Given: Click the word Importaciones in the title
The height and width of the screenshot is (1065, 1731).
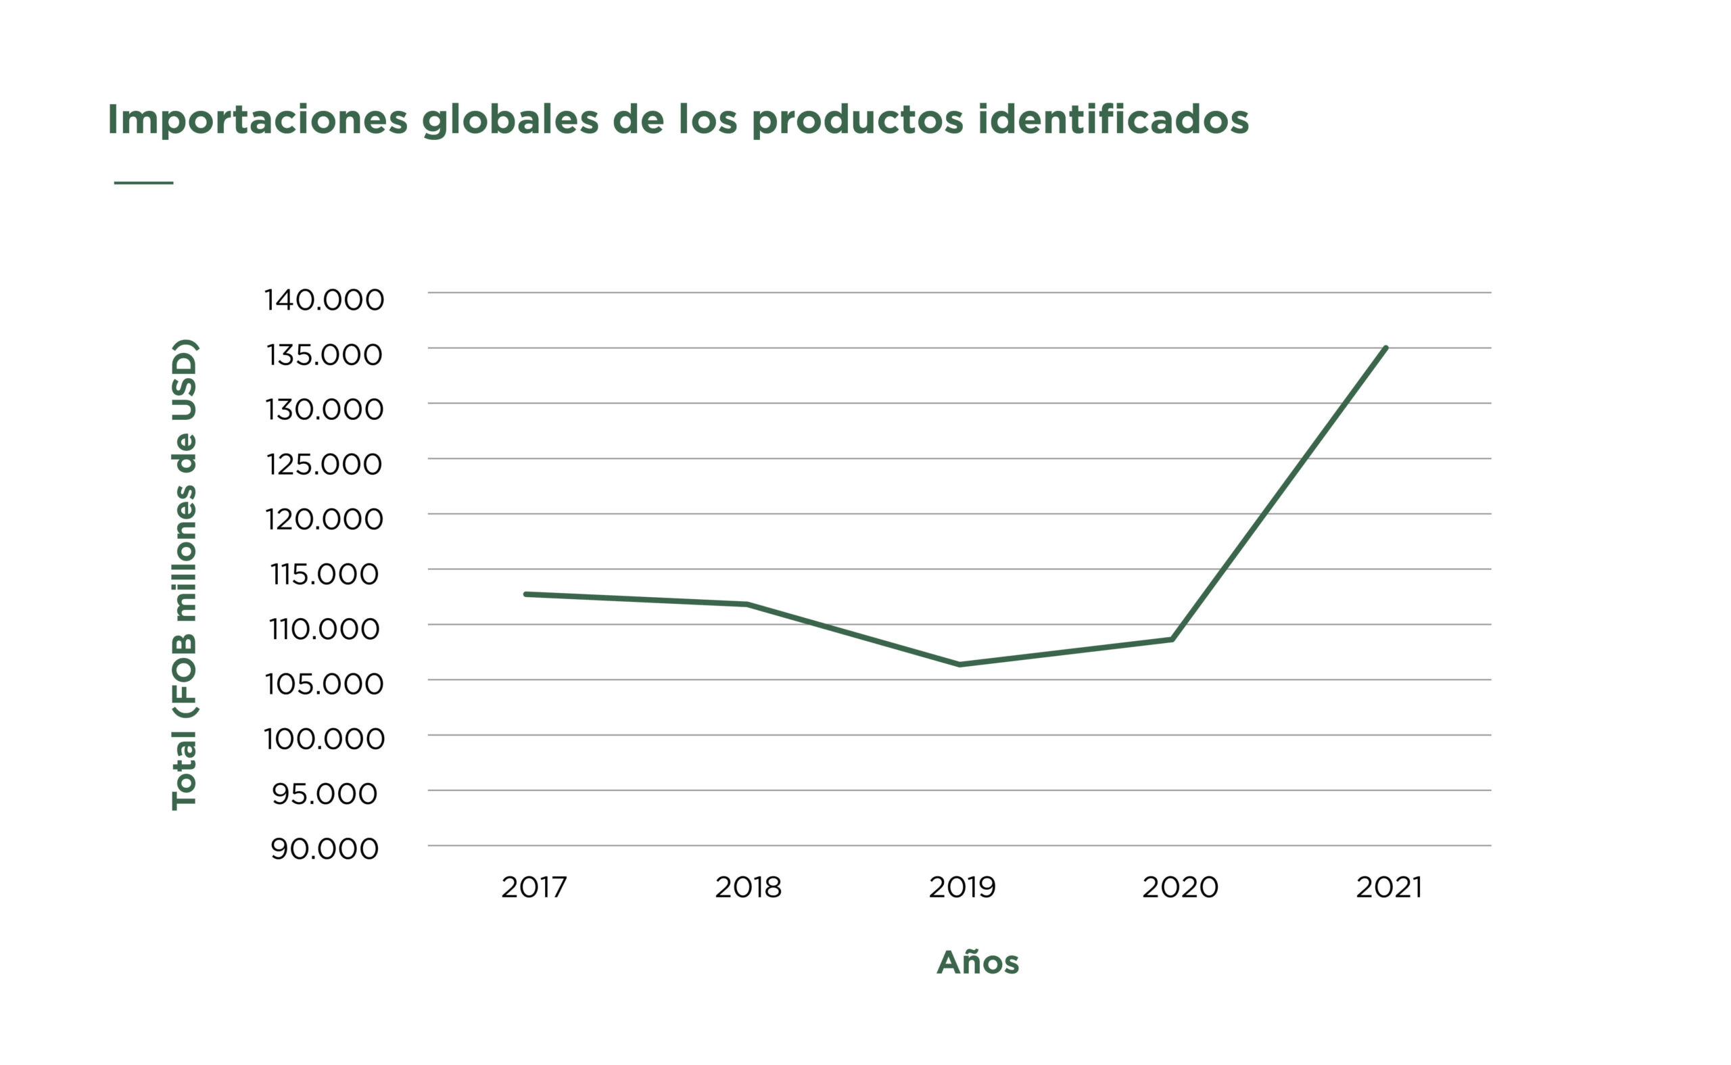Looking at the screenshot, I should coord(257,120).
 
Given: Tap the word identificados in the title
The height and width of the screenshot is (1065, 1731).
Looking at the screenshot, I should coord(1113,120).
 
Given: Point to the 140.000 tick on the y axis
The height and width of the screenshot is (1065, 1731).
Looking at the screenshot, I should coord(324,300).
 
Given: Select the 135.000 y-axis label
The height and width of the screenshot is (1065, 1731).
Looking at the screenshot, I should coord(324,355).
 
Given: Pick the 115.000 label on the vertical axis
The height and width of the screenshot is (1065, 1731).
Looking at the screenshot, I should coord(324,575).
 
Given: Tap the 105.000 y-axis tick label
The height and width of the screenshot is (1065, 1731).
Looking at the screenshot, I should coord(324,684).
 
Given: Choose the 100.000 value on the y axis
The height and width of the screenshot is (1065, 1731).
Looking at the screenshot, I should coord(324,739).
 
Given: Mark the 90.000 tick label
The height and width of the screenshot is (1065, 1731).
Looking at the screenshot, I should coord(324,849).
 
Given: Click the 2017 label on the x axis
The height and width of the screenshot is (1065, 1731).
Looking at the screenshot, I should coord(533,887).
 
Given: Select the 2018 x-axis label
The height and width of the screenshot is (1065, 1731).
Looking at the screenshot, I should coord(748,887).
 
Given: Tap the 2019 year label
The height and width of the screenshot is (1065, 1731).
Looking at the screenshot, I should coord(962,887).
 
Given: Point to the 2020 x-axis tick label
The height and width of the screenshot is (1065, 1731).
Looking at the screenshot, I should coord(1181,887).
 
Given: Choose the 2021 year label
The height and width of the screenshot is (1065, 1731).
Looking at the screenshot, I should coord(1389,887).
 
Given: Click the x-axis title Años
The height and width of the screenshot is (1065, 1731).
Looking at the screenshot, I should coord(978,962).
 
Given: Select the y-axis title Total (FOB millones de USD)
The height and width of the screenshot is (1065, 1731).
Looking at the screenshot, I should coord(185,575).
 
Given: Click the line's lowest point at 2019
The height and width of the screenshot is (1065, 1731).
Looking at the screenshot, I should coord(961,664).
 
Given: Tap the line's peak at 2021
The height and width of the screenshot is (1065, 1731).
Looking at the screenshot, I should coord(1386,348).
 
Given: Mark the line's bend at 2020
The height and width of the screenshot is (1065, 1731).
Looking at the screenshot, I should coord(1172,639).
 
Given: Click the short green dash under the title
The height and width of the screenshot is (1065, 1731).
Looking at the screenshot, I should coord(143,183).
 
